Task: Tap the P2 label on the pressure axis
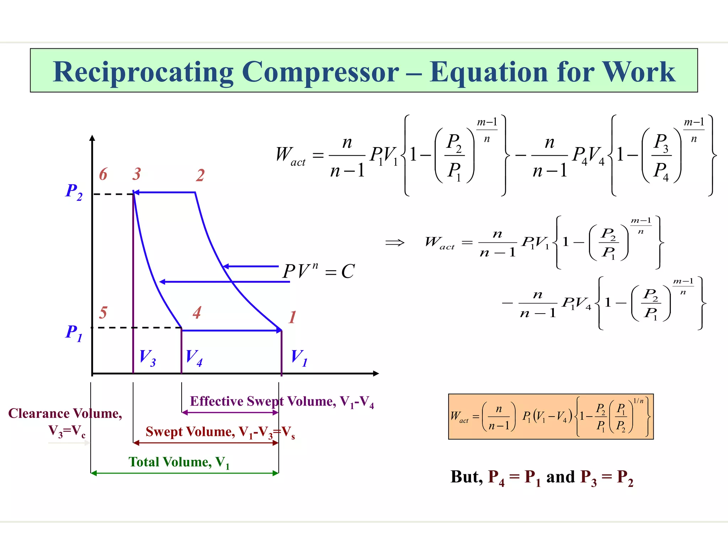(x=74, y=192)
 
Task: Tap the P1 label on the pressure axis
(x=74, y=333)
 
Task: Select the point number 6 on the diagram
(x=103, y=174)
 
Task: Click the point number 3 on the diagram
(x=137, y=174)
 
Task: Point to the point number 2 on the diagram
(x=200, y=175)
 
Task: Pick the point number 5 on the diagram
(x=103, y=313)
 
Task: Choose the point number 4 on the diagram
(x=197, y=313)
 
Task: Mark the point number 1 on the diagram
(x=292, y=317)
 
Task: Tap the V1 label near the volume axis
(x=299, y=358)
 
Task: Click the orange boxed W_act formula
(x=551, y=417)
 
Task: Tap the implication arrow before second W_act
(x=395, y=243)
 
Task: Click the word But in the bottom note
(x=466, y=477)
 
